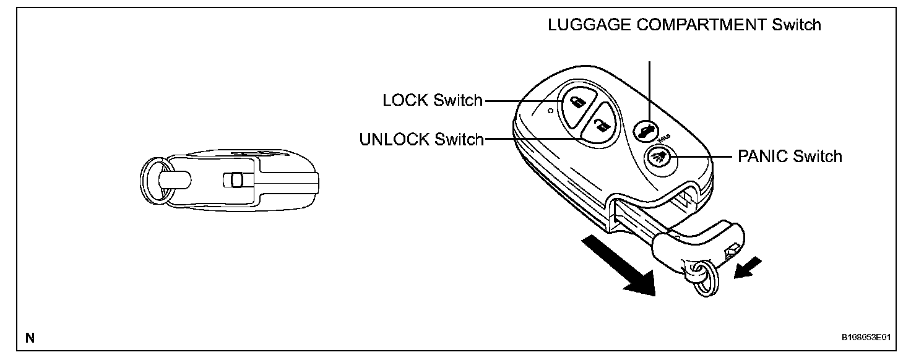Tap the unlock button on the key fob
(x=599, y=127)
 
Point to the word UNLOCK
(x=394, y=140)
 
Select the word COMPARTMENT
(x=694, y=25)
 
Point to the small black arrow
(x=746, y=268)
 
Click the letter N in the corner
(x=29, y=338)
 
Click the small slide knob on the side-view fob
(x=233, y=180)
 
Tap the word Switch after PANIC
(x=818, y=156)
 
